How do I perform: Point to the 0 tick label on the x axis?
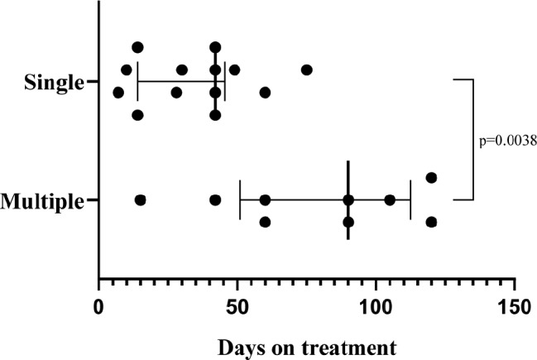98,306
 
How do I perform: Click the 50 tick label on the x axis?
237,306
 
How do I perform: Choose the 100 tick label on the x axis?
376,306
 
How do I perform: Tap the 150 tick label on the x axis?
515,306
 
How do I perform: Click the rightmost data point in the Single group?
307,70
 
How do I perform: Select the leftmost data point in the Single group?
118,92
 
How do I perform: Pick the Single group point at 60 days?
265,92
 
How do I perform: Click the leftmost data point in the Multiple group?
140,199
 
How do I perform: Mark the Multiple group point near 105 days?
390,199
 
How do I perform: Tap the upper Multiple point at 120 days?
431,177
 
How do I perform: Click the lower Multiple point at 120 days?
431,222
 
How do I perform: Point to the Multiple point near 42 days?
215,199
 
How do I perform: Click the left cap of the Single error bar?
137,81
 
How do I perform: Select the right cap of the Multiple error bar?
410,199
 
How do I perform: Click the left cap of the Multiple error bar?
240,199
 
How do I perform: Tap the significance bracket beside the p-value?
472,139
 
